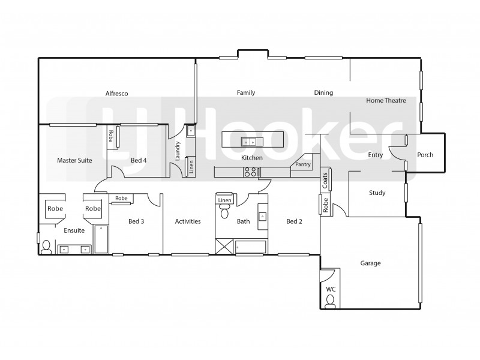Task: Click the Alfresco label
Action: [116, 94]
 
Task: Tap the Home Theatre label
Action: [386, 101]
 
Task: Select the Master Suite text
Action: [74, 161]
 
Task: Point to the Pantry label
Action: [302, 164]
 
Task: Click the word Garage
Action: [370, 263]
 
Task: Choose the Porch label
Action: [425, 155]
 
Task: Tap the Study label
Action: [377, 193]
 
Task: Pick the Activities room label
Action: [187, 221]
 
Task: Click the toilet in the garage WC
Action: [330, 303]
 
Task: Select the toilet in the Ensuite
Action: [47, 247]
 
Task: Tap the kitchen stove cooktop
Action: [251, 172]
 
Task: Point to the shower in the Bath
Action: [225, 246]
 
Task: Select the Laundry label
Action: [178, 151]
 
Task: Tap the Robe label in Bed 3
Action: [121, 198]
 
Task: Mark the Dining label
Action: [323, 93]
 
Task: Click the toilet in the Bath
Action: [225, 211]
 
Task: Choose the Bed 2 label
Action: [294, 221]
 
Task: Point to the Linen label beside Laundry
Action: [191, 167]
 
